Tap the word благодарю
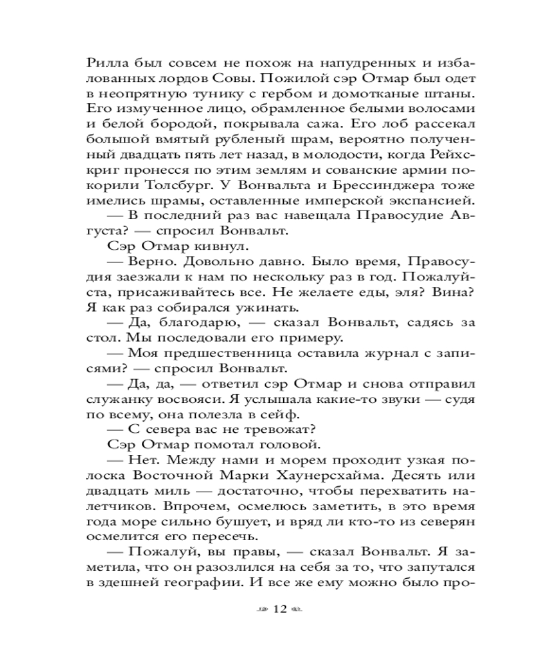201,323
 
